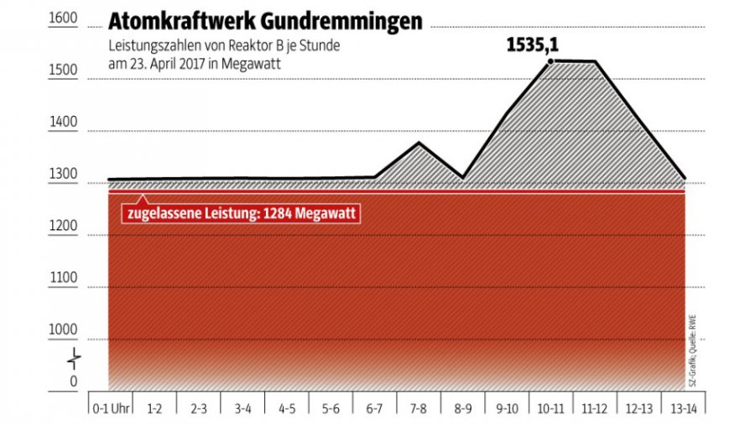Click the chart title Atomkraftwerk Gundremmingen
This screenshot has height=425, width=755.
(266, 22)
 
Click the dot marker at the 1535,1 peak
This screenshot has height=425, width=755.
(551, 60)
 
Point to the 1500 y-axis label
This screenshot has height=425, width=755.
(63, 71)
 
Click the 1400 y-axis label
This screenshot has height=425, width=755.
(63, 123)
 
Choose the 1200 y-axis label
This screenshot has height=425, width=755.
(63, 226)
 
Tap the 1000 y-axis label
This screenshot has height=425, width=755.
(63, 330)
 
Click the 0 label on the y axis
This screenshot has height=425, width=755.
(73, 382)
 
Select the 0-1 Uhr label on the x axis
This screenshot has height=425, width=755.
(110, 408)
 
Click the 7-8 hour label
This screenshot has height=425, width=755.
(419, 408)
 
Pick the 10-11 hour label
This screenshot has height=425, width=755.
(551, 408)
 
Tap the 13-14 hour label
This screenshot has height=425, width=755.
(684, 408)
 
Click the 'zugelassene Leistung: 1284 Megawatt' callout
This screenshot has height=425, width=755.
(242, 214)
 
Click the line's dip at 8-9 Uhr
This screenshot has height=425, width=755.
(462, 177)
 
